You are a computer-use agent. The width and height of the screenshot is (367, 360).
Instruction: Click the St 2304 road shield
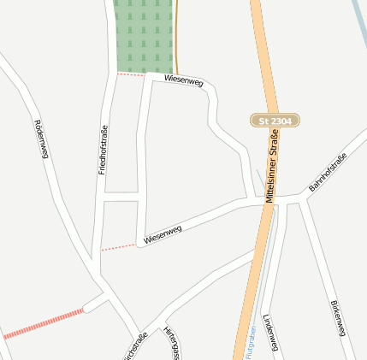(275, 122)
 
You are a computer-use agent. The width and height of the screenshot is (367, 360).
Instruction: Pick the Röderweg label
(40, 138)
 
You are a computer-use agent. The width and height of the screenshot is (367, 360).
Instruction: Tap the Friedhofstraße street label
(103, 146)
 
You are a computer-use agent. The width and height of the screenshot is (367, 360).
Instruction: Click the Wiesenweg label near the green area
(183, 81)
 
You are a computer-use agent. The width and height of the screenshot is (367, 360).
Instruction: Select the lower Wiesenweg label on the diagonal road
(163, 234)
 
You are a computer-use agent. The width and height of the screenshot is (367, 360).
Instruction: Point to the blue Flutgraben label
(250, 342)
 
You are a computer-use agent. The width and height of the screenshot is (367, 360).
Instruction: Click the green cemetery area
(144, 36)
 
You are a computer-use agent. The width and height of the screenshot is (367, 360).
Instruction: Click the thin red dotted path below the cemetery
(131, 74)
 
